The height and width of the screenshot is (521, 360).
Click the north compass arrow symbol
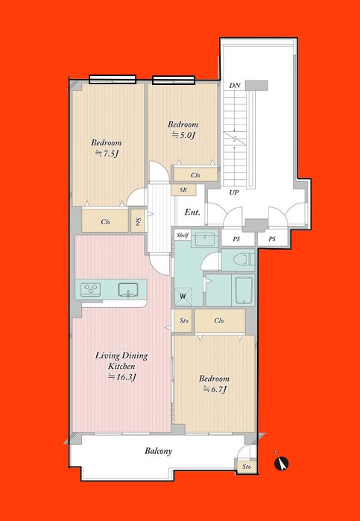click(x=281, y=464)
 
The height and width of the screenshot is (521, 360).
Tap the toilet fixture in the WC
click(x=247, y=260)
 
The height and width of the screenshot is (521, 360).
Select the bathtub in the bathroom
click(x=244, y=290)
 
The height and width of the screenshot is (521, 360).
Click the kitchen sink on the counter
click(x=128, y=290)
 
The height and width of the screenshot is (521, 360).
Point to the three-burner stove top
click(x=91, y=289)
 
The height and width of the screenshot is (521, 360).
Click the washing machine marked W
click(x=183, y=296)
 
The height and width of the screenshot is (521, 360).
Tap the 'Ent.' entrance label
click(x=192, y=212)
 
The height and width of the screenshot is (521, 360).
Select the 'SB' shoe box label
click(x=183, y=190)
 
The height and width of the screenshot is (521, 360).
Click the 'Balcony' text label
click(x=159, y=451)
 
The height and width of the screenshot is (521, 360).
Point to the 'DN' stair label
click(x=235, y=86)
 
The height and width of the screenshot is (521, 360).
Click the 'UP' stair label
click(x=234, y=192)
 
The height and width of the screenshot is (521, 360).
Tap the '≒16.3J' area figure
click(x=122, y=377)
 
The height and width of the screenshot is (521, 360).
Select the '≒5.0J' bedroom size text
click(x=183, y=135)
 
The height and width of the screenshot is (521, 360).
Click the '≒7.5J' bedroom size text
click(x=107, y=154)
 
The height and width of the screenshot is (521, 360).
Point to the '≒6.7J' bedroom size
click(x=215, y=389)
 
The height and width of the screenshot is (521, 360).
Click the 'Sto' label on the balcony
click(x=246, y=467)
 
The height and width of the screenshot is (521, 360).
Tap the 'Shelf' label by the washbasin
click(x=183, y=236)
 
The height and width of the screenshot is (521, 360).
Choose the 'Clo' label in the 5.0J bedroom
click(x=195, y=175)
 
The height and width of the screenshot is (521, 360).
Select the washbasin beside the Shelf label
click(x=204, y=239)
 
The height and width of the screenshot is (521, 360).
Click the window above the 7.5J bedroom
click(x=113, y=79)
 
